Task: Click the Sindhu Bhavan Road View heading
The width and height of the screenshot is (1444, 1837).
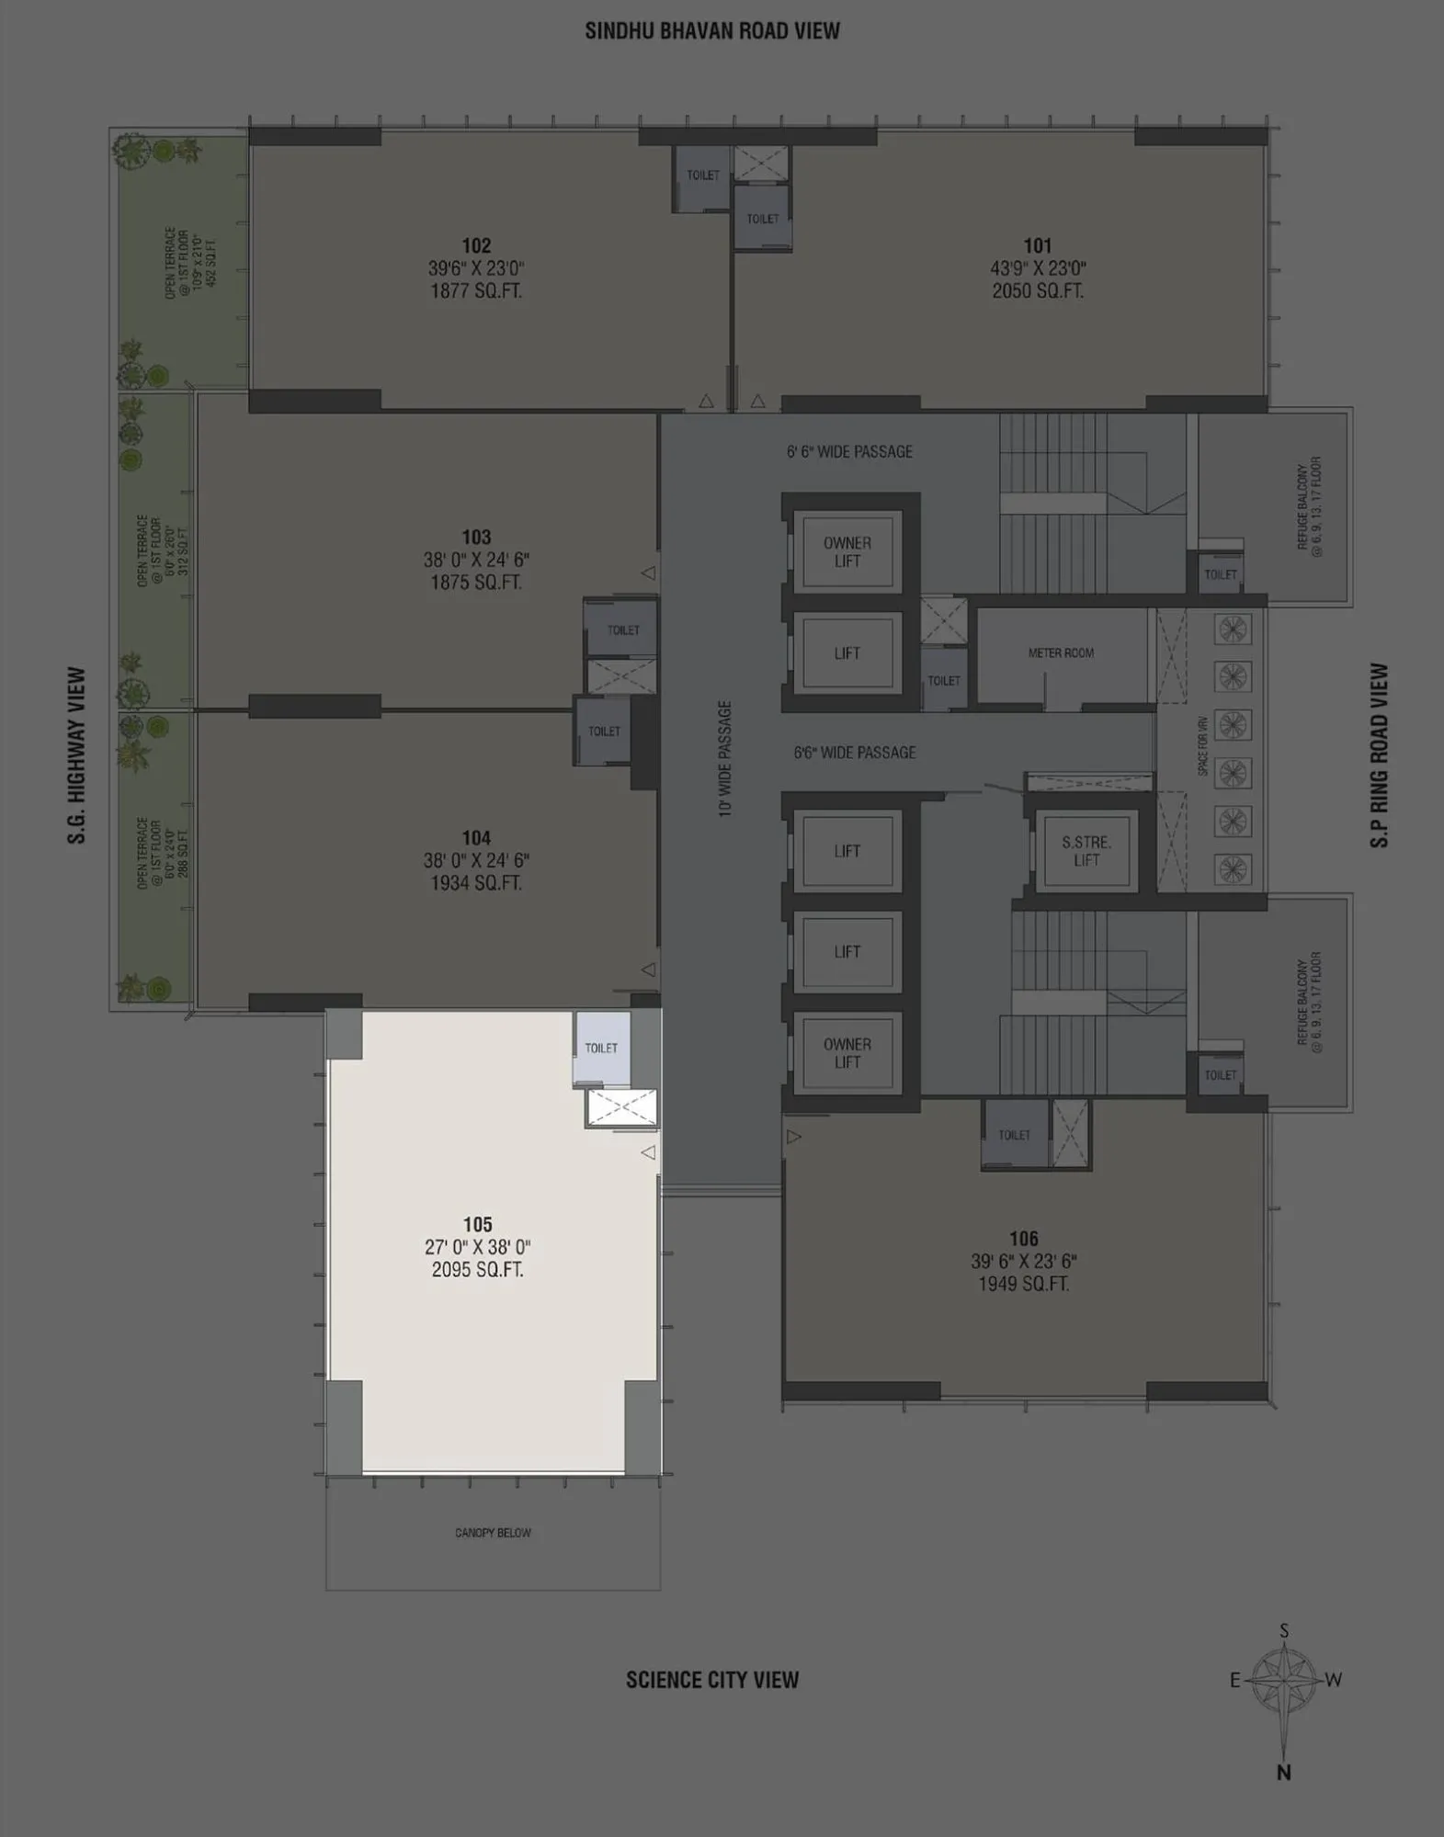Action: (712, 31)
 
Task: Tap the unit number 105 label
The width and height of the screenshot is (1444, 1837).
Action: (477, 1224)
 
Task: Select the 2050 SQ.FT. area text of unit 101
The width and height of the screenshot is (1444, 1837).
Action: (1037, 291)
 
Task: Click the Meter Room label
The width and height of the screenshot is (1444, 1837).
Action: (1061, 653)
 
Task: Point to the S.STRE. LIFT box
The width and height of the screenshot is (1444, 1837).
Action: (1086, 851)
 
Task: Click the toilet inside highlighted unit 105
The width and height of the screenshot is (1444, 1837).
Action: (601, 1049)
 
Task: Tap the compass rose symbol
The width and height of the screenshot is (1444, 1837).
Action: (1284, 1680)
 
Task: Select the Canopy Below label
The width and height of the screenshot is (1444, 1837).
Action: (493, 1533)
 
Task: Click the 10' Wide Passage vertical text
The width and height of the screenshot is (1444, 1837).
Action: (725, 758)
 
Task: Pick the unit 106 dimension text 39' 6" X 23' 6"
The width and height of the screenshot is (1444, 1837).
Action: (1023, 1262)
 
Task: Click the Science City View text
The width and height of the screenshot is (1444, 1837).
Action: (712, 1680)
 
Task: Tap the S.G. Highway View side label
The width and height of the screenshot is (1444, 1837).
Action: (76, 755)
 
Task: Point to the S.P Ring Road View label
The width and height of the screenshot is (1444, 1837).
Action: (1379, 755)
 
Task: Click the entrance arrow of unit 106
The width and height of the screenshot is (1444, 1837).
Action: (794, 1137)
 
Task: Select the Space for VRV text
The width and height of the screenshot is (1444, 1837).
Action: (1202, 746)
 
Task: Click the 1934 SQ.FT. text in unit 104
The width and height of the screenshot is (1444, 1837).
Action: (476, 883)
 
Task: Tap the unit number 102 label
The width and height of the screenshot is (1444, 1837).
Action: (476, 245)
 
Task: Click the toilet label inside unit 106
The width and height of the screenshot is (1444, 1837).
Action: (1014, 1136)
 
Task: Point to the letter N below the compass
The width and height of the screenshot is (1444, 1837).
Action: (1283, 1773)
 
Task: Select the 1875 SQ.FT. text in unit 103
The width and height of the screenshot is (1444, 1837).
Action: (476, 583)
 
